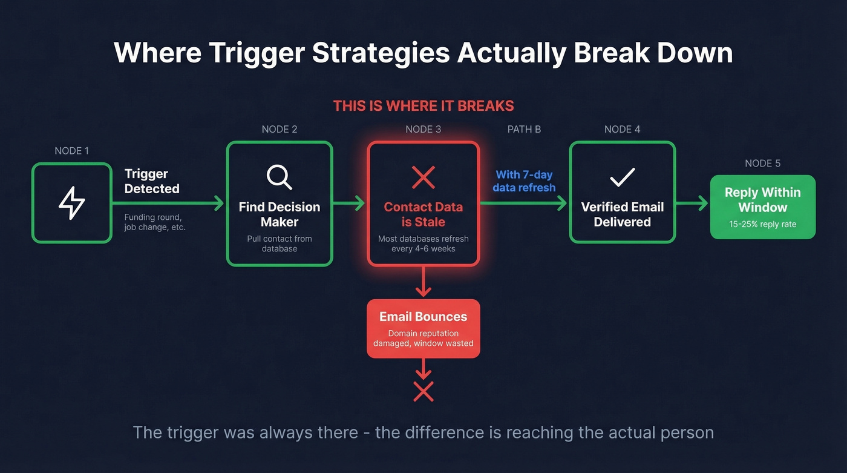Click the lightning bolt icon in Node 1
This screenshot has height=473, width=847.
72,203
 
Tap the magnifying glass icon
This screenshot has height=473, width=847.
280,177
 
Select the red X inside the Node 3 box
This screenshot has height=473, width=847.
423,177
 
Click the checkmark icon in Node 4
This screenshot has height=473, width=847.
622,177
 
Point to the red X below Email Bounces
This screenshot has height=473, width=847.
423,391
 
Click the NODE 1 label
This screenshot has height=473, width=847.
71,151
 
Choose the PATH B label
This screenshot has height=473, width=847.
524,129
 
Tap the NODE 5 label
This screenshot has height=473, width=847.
762,163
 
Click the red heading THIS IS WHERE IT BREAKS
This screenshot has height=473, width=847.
423,106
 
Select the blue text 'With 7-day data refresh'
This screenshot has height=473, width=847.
524,181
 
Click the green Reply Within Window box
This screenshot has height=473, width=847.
762,207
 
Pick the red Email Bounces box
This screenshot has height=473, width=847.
423,328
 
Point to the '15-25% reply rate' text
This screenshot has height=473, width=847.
762,225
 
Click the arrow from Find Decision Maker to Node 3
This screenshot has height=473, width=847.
350,203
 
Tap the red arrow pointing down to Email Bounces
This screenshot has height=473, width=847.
423,281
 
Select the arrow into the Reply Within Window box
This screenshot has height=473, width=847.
692,203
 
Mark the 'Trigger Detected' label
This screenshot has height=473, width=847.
152,181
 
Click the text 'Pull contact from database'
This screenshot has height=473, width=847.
280,243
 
